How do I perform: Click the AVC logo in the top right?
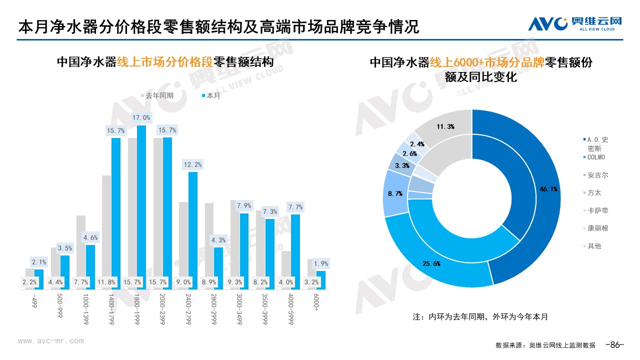point(575,23)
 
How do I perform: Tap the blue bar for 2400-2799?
point(193,230)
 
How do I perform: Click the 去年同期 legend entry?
point(157,95)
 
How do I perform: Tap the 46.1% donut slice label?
point(547,189)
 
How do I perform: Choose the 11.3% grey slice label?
point(445,127)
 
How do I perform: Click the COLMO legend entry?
point(596,157)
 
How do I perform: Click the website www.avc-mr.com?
point(50,341)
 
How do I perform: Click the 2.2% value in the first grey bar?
point(29,282)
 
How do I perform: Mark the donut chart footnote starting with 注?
point(480,317)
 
